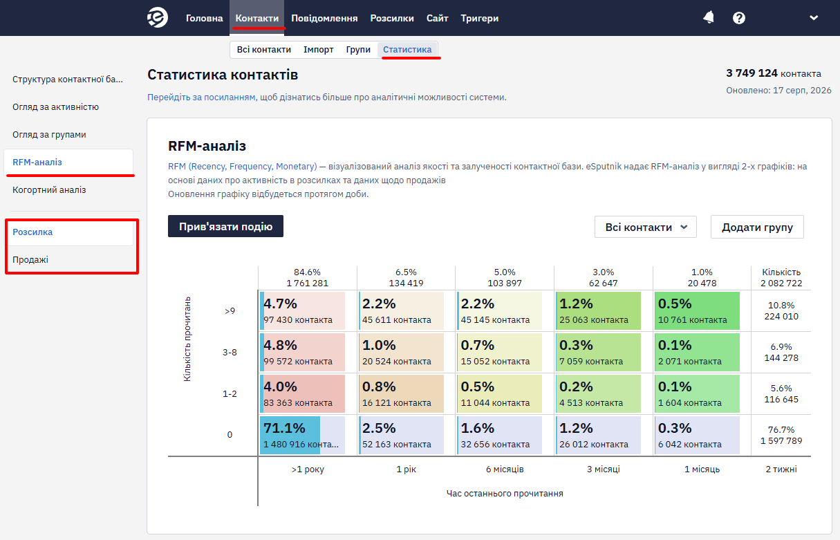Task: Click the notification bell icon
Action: tap(709, 17)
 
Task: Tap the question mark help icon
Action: tap(739, 18)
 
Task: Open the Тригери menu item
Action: tap(480, 18)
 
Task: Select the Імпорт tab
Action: tap(319, 50)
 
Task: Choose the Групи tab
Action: tap(358, 50)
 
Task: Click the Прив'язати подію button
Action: tap(225, 226)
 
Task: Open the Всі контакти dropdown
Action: tap(645, 227)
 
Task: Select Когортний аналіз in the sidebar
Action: tap(49, 189)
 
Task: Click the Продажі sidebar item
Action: tap(30, 259)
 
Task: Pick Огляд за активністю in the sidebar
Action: tap(55, 107)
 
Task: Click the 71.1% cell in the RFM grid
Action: tap(302, 436)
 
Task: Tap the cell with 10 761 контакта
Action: tap(697, 311)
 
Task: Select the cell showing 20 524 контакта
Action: tap(401, 352)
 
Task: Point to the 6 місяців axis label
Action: tap(505, 469)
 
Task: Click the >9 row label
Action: tap(230, 311)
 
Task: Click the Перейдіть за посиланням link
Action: tap(202, 97)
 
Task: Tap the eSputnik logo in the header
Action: tap(157, 17)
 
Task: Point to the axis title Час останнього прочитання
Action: tap(505, 494)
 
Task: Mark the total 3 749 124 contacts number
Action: tap(752, 73)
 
